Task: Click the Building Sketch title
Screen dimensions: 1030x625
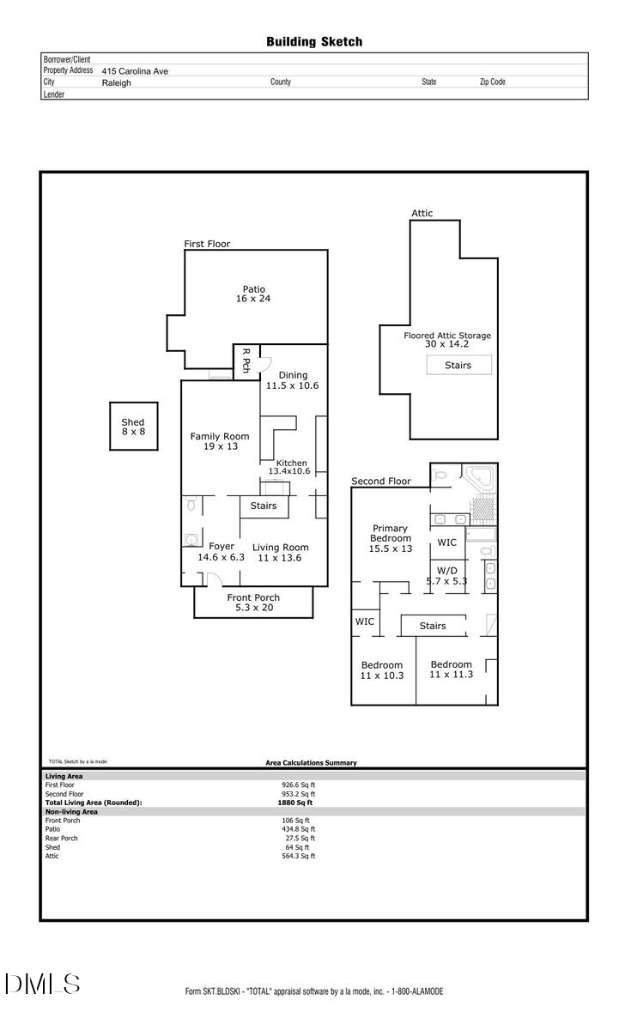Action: tap(313, 41)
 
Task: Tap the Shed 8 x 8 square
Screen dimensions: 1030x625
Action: tap(133, 427)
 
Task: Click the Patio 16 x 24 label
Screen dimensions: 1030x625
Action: tap(253, 294)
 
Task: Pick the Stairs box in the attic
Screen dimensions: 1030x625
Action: tap(458, 365)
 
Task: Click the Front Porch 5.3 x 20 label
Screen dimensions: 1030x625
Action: tap(253, 603)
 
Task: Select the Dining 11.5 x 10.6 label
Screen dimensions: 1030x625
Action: tap(293, 380)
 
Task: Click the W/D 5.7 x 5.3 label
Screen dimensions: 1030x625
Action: tap(446, 575)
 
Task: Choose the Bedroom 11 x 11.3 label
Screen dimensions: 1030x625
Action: tap(451, 669)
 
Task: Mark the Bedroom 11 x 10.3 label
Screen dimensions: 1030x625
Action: tap(382, 670)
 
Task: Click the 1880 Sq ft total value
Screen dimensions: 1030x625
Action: tap(295, 803)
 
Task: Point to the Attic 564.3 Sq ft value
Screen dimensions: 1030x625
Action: tap(298, 856)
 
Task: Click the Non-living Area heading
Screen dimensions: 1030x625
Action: tap(71, 811)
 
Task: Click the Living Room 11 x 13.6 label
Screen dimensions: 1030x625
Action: tap(281, 552)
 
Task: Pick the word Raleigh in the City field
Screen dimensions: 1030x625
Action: tap(117, 83)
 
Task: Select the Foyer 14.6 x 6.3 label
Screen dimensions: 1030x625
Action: tap(221, 551)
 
